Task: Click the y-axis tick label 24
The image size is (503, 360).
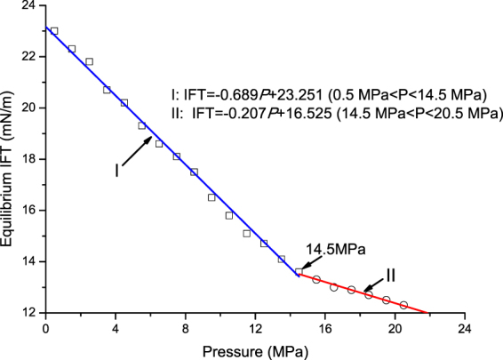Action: [29, 5]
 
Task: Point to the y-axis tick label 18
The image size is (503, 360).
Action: [29, 159]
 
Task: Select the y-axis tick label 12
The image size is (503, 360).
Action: [29, 313]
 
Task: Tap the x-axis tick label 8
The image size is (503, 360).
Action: [185, 327]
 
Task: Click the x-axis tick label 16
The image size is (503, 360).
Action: [324, 327]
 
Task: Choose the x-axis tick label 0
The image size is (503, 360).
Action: [45, 327]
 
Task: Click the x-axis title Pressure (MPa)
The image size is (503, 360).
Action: [254, 348]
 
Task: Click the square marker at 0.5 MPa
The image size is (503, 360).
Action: [54, 31]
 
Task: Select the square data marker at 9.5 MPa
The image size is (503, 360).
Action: [212, 197]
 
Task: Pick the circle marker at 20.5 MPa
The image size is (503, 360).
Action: [403, 305]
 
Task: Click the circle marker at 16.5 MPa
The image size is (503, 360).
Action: [334, 287]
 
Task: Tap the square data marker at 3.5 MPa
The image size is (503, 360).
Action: [107, 90]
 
